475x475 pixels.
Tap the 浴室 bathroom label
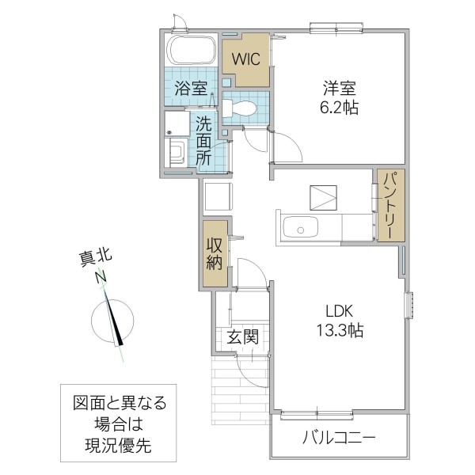tap(192, 89)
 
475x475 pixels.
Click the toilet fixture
tap(242, 104)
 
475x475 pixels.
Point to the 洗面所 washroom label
tap(203, 141)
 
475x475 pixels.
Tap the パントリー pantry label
tap(390, 205)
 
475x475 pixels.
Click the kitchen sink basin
tap(302, 230)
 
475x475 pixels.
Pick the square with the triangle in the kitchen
tap(323, 196)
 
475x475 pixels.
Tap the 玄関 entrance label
tap(243, 336)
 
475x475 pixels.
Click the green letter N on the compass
tap(101, 278)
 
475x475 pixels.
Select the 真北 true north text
tap(95, 257)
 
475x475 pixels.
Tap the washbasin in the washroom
tap(176, 150)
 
